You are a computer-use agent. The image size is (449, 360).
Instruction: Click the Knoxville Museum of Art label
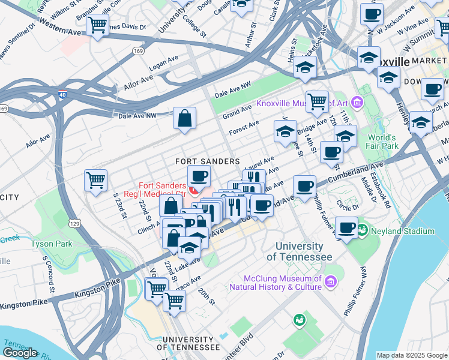303,103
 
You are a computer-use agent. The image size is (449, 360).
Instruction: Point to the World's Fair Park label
383,142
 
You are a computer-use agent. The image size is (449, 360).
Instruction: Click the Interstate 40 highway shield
63,94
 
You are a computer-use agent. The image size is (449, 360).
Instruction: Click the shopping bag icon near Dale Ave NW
185,118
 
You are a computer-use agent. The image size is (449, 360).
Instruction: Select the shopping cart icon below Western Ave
97,26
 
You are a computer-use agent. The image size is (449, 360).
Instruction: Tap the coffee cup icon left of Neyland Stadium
346,227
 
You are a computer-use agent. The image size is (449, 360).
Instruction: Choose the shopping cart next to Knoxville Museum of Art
316,101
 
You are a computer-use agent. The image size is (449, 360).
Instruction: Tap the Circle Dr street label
348,205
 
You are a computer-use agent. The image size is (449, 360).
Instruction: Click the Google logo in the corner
20,353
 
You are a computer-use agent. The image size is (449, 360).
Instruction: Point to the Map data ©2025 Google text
411,355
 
